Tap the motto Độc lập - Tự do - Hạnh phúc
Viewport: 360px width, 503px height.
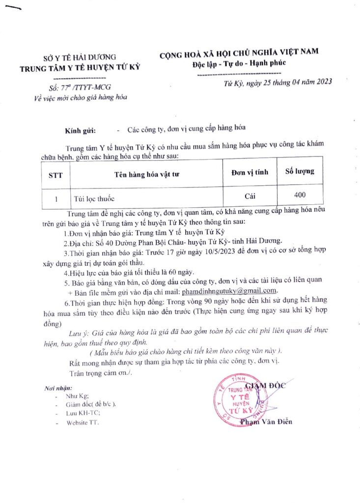[239, 64]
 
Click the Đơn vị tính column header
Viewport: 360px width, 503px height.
[250, 172]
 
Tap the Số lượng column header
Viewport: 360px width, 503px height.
[300, 172]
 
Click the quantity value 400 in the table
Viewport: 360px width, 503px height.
[300, 195]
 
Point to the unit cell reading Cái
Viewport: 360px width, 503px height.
[250, 196]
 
